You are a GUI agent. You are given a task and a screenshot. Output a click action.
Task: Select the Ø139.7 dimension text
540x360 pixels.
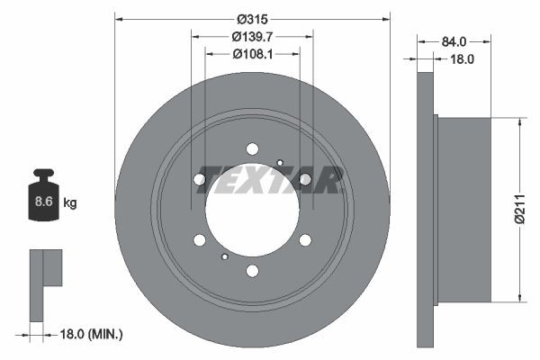pyautogui.click(x=253, y=37)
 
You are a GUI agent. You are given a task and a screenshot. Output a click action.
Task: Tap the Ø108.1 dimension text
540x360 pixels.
pyautogui.click(x=253, y=54)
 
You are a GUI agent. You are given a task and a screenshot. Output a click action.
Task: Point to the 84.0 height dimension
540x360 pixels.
pyautogui.click(x=454, y=41)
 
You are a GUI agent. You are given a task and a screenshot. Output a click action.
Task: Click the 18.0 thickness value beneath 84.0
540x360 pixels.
pyautogui.click(x=463, y=58)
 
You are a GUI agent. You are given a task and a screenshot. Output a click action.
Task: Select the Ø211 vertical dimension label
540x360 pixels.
pyautogui.click(x=518, y=209)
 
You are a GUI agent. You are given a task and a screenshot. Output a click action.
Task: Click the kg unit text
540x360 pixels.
pyautogui.click(x=70, y=203)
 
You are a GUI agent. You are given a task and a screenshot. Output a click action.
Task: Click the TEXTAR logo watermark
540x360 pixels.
pyautogui.click(x=270, y=180)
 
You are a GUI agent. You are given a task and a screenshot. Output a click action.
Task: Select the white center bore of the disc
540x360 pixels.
pyautogui.click(x=252, y=210)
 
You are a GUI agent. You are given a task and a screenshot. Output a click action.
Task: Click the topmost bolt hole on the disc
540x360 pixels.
pyautogui.click(x=252, y=148)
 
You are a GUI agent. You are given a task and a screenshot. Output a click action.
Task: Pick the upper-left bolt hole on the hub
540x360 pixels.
pyautogui.click(x=200, y=180)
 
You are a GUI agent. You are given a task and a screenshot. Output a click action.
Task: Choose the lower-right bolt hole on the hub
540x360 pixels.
pyautogui.click(x=305, y=239)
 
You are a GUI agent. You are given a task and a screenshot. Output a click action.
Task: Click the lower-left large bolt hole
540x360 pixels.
pyautogui.click(x=200, y=239)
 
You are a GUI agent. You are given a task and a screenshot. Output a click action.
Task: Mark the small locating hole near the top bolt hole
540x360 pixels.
pyautogui.click(x=280, y=163)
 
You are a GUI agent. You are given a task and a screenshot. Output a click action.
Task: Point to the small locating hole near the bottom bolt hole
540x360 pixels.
pyautogui.click(x=224, y=256)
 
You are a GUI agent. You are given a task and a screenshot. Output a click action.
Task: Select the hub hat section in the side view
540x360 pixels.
pyautogui.click(x=463, y=210)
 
